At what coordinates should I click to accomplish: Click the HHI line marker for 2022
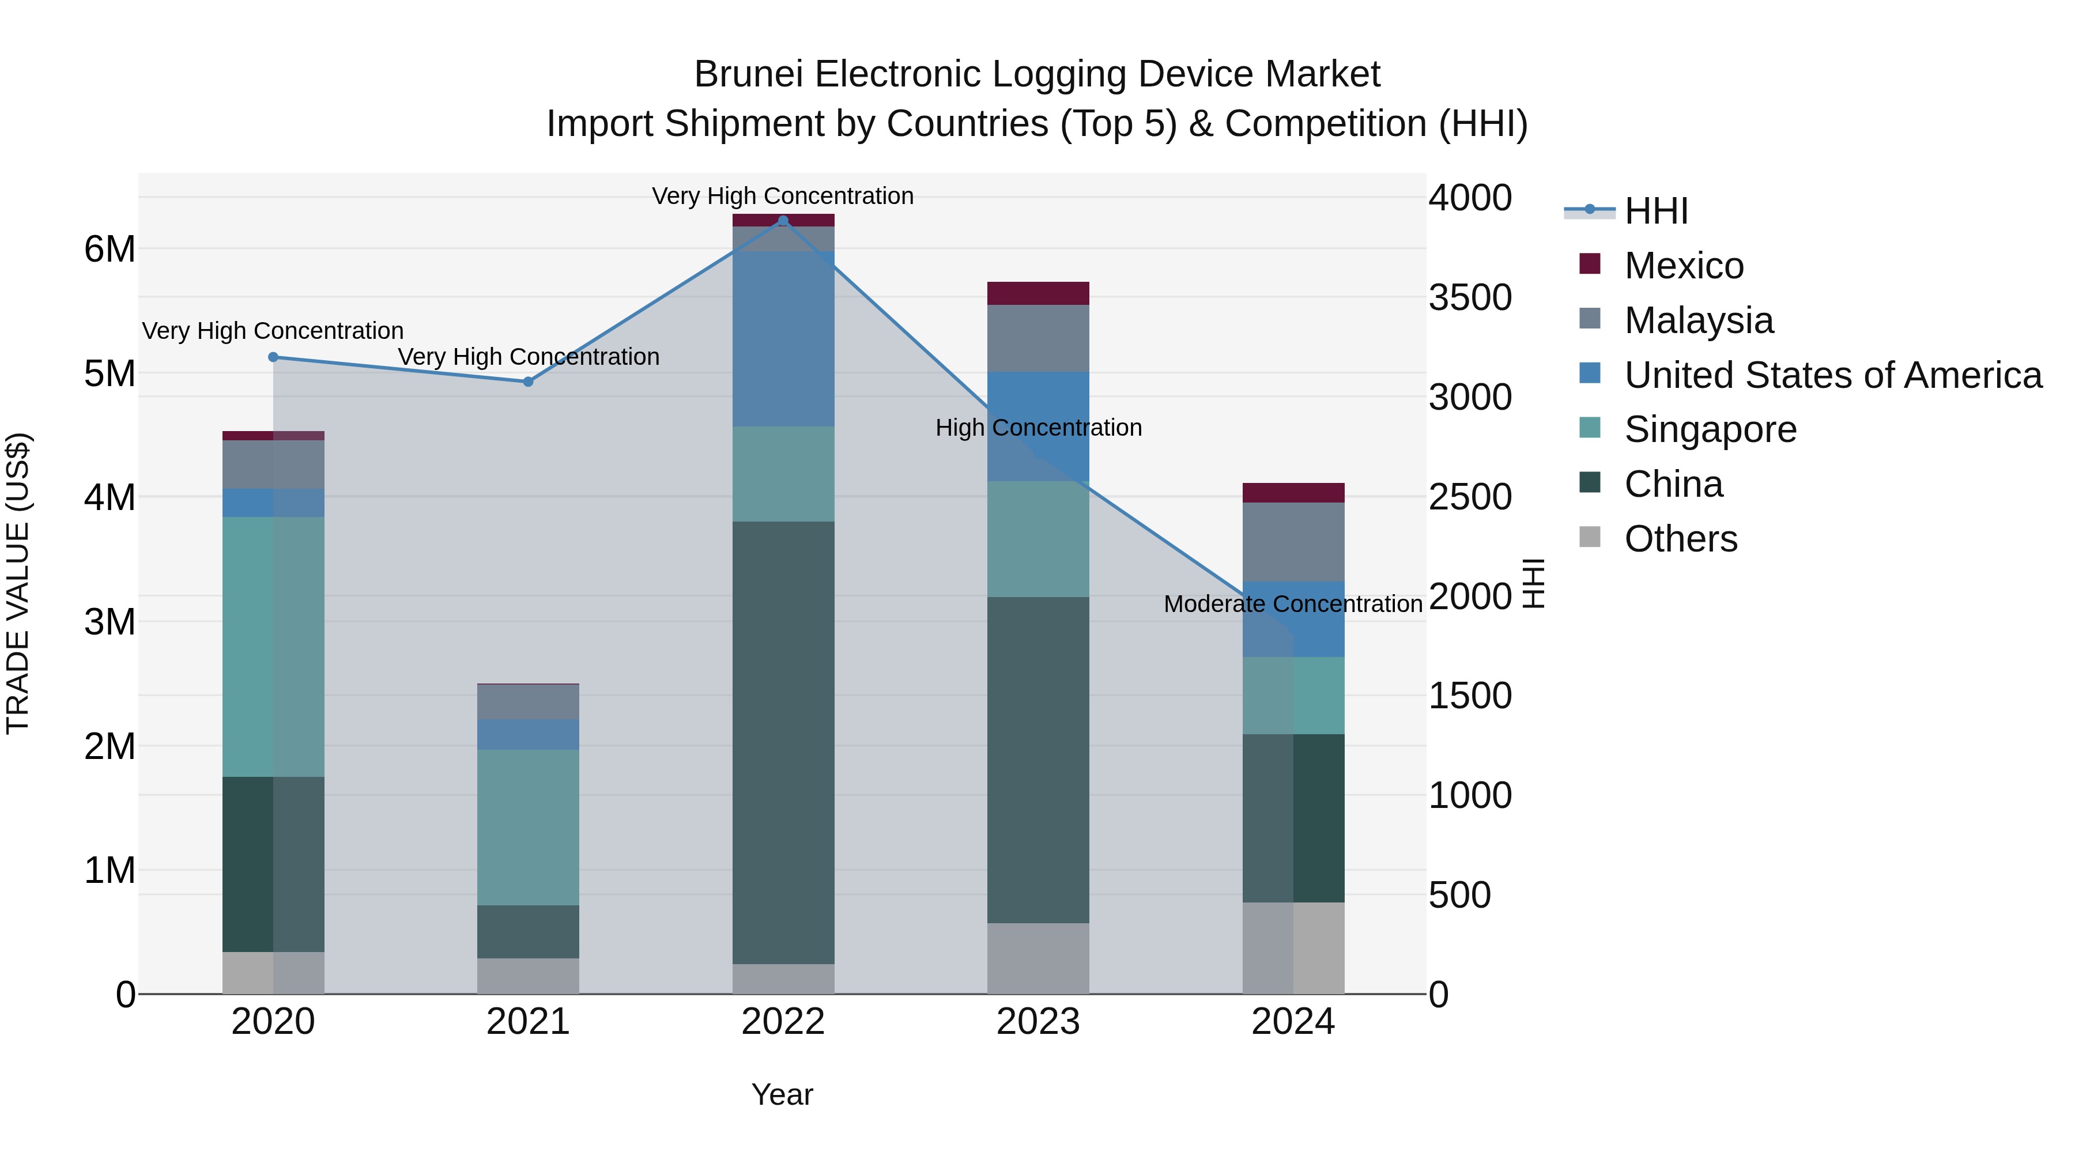pyautogui.click(x=783, y=221)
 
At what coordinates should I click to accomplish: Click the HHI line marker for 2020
pyautogui.click(x=273, y=357)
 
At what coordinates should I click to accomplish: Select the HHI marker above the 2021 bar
pyautogui.click(x=529, y=382)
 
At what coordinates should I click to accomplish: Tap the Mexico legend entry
pyautogui.click(x=1684, y=266)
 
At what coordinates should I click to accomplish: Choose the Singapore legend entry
pyautogui.click(x=1710, y=429)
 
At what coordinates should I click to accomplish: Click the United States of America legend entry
pyautogui.click(x=1832, y=375)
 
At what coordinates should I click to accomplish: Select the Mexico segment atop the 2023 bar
pyautogui.click(x=1038, y=293)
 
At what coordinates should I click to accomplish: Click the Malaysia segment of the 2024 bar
pyautogui.click(x=1293, y=542)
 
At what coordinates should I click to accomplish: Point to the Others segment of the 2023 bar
pyautogui.click(x=1038, y=958)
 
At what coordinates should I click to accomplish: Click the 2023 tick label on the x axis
pyautogui.click(x=1038, y=1022)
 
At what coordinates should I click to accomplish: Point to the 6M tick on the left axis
pyautogui.click(x=110, y=249)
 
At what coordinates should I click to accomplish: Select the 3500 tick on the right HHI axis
pyautogui.click(x=1470, y=297)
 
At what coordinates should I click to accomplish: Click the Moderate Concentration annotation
pyautogui.click(x=1292, y=604)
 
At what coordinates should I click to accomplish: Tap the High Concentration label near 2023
pyautogui.click(x=1038, y=428)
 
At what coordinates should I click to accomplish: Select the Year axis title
pyautogui.click(x=782, y=1094)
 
